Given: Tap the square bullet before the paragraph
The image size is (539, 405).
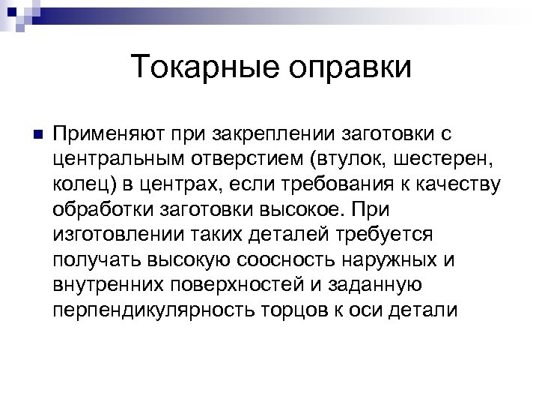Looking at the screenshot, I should (30, 135).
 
